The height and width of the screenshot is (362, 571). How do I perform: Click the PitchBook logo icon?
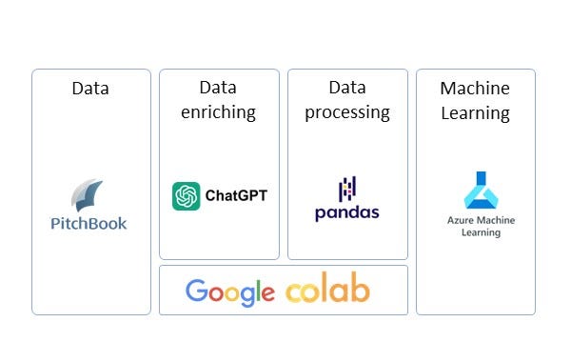(88, 196)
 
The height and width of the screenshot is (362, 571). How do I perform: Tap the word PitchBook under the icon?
(89, 224)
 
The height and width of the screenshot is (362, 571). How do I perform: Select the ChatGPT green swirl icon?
(186, 196)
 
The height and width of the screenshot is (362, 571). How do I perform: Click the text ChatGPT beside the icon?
(236, 196)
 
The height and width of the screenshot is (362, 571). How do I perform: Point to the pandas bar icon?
(347, 189)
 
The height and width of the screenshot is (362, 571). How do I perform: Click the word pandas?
(347, 211)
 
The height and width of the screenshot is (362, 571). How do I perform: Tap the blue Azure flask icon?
(481, 191)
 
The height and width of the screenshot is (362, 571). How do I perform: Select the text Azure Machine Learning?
(481, 226)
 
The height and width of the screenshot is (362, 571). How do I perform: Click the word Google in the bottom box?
(230, 292)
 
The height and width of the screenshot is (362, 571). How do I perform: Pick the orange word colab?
(327, 290)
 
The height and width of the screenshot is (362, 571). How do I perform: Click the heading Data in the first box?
(90, 89)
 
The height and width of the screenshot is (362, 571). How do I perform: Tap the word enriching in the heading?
(219, 112)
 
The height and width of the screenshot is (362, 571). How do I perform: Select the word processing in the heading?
(347, 112)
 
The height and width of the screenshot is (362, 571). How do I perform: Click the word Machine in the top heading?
(475, 89)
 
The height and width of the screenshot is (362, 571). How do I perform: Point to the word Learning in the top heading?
(475, 112)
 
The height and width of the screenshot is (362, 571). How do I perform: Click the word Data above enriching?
(219, 88)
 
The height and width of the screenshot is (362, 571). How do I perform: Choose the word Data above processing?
(347, 88)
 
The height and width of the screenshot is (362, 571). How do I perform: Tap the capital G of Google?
(197, 291)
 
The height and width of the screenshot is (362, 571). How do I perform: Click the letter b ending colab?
(359, 289)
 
